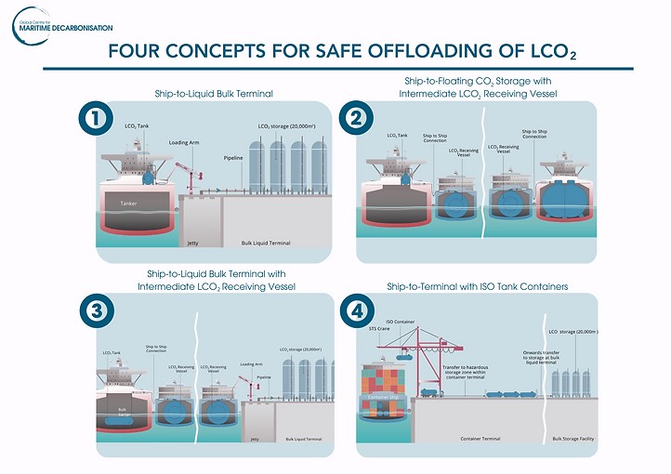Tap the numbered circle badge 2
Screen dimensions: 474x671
point(355,120)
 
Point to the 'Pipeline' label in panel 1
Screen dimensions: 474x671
point(233,158)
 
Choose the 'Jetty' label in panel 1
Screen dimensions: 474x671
point(192,244)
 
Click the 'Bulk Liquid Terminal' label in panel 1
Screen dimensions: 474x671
point(266,244)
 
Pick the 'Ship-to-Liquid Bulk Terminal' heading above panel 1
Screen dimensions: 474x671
point(216,93)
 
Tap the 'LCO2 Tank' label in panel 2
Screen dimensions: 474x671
point(398,135)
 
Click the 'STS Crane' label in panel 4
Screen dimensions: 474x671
point(379,328)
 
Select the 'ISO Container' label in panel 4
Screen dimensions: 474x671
point(401,322)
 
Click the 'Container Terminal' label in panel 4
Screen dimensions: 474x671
point(480,439)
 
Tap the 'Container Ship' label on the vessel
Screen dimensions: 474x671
point(384,397)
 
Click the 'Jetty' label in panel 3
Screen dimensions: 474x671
point(254,439)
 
